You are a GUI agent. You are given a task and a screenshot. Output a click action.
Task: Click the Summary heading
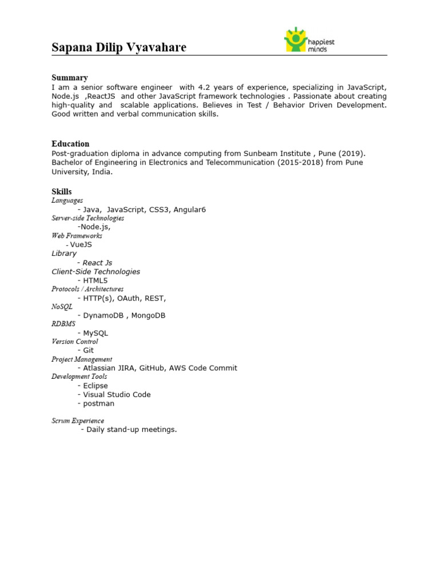[x=70, y=78]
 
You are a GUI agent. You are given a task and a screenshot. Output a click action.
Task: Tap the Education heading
[x=70, y=144]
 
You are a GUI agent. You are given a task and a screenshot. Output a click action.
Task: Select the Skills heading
[x=62, y=192]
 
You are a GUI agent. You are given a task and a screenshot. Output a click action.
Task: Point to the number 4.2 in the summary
[x=205, y=87]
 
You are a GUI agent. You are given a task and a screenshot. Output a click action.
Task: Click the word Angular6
[x=186, y=210]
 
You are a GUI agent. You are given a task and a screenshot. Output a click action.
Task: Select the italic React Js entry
[x=97, y=263]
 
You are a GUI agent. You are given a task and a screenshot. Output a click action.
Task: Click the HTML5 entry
[x=95, y=281]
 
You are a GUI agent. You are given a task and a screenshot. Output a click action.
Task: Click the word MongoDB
[x=148, y=315]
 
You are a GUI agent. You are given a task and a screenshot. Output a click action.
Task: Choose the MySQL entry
[x=95, y=333]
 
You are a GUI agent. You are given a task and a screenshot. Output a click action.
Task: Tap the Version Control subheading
[x=74, y=342]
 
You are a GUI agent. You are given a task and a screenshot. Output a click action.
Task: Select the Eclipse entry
[x=95, y=386]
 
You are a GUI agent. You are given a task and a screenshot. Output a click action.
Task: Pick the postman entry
[x=98, y=403]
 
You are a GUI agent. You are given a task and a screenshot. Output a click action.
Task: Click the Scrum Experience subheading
[x=78, y=421]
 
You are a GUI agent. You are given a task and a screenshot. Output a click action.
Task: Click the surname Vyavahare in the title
[x=155, y=47]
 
